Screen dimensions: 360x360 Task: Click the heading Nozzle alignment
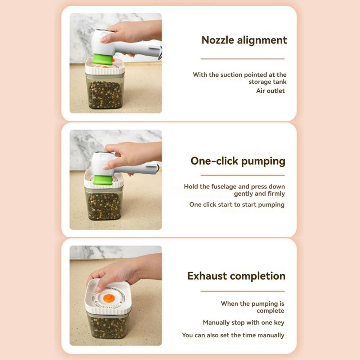tap(244, 40)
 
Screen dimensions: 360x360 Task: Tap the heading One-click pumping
tap(238, 161)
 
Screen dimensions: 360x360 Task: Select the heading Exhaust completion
tap(236, 276)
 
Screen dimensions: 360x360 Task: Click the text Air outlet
tap(270, 91)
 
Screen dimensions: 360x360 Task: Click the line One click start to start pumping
tap(237, 205)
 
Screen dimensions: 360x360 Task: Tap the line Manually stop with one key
tap(243, 323)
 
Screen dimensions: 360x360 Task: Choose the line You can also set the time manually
tap(233, 335)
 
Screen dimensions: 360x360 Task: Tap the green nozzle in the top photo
tap(102, 59)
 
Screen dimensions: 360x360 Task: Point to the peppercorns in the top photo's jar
tap(105, 94)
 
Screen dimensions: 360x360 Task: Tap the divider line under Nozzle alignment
tap(242, 59)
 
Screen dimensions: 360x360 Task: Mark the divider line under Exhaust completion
tap(242, 291)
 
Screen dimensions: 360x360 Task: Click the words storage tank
tap(267, 82)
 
